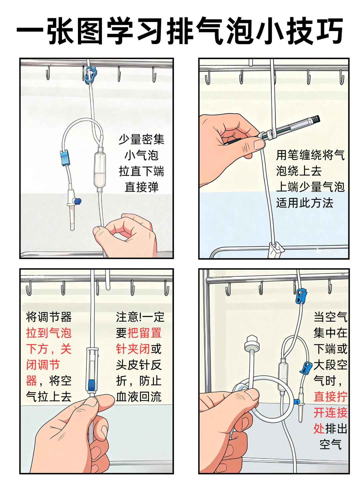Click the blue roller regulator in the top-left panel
point(65,158)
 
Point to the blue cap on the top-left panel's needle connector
point(78,201)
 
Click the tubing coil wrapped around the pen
point(267,135)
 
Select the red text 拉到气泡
point(49,333)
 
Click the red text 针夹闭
point(133,349)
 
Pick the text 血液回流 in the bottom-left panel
point(139,397)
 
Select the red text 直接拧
point(330,397)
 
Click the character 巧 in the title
point(328,31)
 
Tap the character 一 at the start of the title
point(30,31)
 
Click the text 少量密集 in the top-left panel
point(141,139)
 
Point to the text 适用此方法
point(304,203)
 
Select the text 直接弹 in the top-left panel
point(141,187)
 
